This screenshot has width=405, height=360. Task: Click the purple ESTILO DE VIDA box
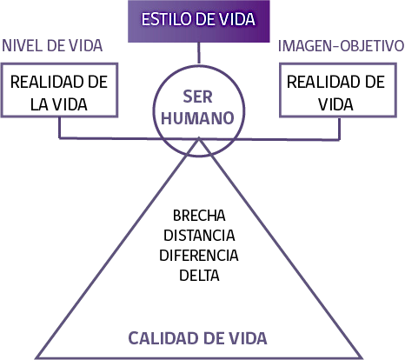[x=199, y=21]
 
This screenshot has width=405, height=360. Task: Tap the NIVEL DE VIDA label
[x=52, y=46]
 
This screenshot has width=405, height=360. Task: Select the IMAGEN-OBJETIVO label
[x=341, y=46]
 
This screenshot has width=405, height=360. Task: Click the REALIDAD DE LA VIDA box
[x=59, y=90]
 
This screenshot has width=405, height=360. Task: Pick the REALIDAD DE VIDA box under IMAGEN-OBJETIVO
[x=338, y=90]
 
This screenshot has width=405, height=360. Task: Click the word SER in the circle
[x=197, y=97]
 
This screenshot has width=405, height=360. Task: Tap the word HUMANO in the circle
[x=197, y=118]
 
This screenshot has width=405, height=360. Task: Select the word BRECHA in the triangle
[x=199, y=216]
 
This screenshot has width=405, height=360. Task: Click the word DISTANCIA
[x=199, y=236]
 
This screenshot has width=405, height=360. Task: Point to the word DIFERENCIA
[x=199, y=256]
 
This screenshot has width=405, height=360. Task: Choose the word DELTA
[x=199, y=275]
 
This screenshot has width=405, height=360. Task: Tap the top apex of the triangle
[x=199, y=139]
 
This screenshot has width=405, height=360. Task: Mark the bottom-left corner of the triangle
[x=37, y=358]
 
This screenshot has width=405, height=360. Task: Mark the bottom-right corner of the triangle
[x=362, y=358]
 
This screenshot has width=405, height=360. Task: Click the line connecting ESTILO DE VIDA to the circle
[x=199, y=53]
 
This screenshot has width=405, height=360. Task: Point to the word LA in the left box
[x=39, y=104]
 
